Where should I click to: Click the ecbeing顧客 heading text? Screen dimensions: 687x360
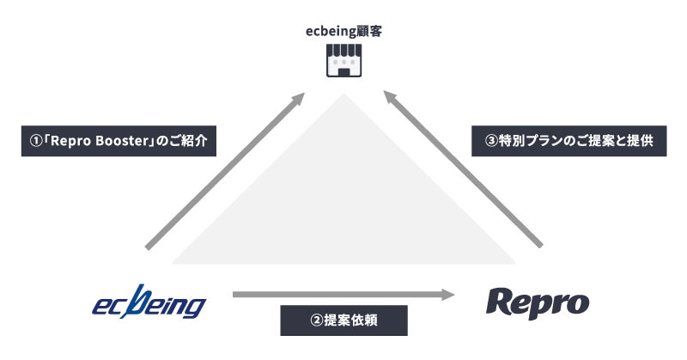(x=344, y=32)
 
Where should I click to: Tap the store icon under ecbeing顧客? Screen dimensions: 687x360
(x=344, y=60)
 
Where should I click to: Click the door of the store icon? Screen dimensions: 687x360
(x=344, y=72)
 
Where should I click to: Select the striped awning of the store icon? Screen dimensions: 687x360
(x=344, y=50)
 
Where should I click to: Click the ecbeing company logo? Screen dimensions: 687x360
(x=149, y=302)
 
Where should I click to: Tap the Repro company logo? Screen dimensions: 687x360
(x=538, y=302)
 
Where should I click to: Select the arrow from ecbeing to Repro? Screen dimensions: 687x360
(x=344, y=295)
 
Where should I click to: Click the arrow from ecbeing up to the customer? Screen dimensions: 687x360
(x=225, y=171)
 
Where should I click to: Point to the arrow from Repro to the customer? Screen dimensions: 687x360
(x=463, y=168)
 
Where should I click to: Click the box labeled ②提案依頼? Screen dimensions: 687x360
(x=344, y=320)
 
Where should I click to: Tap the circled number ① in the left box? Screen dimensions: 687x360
(x=35, y=141)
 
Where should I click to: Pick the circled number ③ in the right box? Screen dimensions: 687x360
(x=491, y=141)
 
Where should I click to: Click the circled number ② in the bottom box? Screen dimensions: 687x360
(x=316, y=320)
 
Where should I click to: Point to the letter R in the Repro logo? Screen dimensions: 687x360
(x=502, y=302)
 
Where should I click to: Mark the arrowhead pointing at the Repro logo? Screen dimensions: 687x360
(x=448, y=295)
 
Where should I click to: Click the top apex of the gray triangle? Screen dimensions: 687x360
(x=344, y=94)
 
